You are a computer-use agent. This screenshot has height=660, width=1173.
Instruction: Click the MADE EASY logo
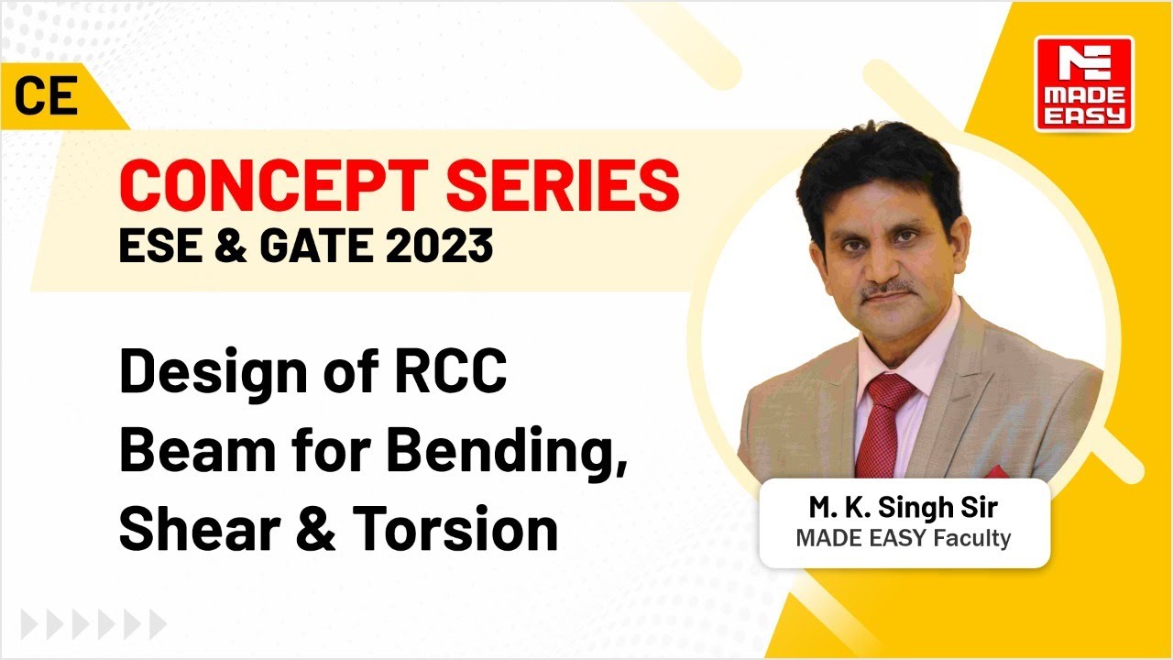[x=1084, y=83]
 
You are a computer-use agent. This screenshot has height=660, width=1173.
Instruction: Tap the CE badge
[x=46, y=97]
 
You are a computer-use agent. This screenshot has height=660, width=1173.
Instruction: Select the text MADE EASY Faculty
[x=903, y=538]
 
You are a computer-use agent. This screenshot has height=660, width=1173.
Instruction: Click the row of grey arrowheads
[x=82, y=625]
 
